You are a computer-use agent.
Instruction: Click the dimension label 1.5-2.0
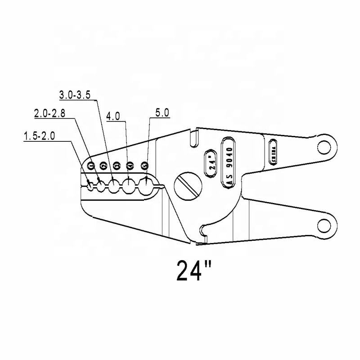pyautogui.click(x=39, y=136)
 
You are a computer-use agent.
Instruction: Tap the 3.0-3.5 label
pyautogui.click(x=76, y=94)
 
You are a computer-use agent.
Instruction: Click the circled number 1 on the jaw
pyautogui.click(x=91, y=166)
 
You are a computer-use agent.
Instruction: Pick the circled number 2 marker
pyautogui.click(x=103, y=166)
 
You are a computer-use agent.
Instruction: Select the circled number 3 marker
pyautogui.click(x=117, y=166)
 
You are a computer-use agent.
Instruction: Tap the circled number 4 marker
pyautogui.click(x=130, y=166)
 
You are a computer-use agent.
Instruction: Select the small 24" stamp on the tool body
pyautogui.click(x=211, y=160)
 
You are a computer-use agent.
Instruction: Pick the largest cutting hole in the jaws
pyautogui.click(x=146, y=185)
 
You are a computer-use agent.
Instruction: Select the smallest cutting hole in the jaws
pyautogui.click(x=91, y=185)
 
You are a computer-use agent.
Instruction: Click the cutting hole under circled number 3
pyautogui.click(x=115, y=185)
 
